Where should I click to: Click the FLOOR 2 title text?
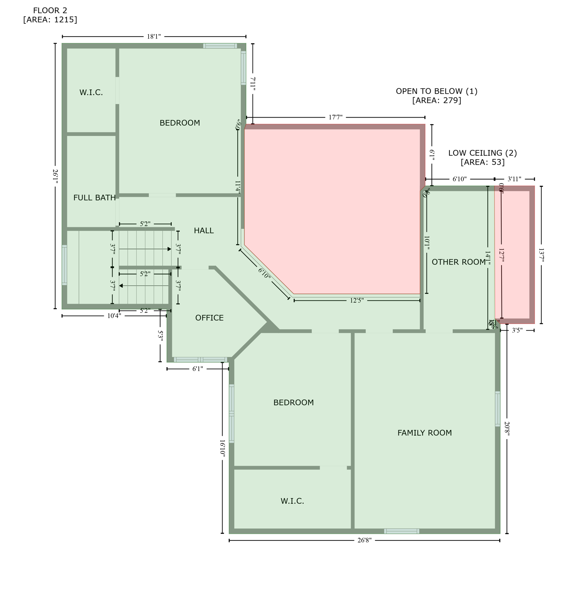[x=50, y=11]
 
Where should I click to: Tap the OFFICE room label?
[x=209, y=318]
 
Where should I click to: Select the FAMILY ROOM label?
[x=425, y=433]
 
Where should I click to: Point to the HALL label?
[x=204, y=231]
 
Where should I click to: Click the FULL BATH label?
[x=95, y=198]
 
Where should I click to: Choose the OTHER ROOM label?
[x=458, y=262]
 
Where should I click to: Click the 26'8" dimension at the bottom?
[x=365, y=540]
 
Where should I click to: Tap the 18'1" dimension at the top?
[x=154, y=37]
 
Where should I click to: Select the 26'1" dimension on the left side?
[x=55, y=176]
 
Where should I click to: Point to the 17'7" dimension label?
[x=335, y=117]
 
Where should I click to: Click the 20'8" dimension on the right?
[x=507, y=429]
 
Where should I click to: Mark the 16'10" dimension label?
[x=222, y=447]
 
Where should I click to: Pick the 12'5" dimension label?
[x=356, y=301]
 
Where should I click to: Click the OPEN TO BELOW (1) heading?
[x=437, y=91]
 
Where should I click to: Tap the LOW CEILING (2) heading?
[x=482, y=153]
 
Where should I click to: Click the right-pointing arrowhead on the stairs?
[x=169, y=249]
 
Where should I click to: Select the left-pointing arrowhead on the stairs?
[x=121, y=286]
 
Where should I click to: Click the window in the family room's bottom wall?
[x=402, y=531]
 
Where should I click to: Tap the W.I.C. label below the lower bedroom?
[x=292, y=501]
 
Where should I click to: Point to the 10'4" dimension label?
[x=114, y=316]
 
